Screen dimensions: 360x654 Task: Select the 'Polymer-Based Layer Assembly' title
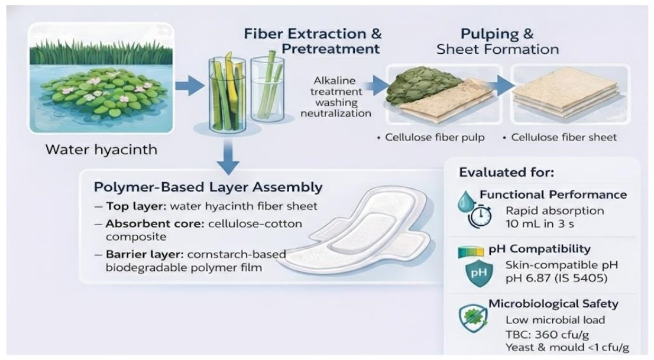pyautogui.click(x=208, y=187)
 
